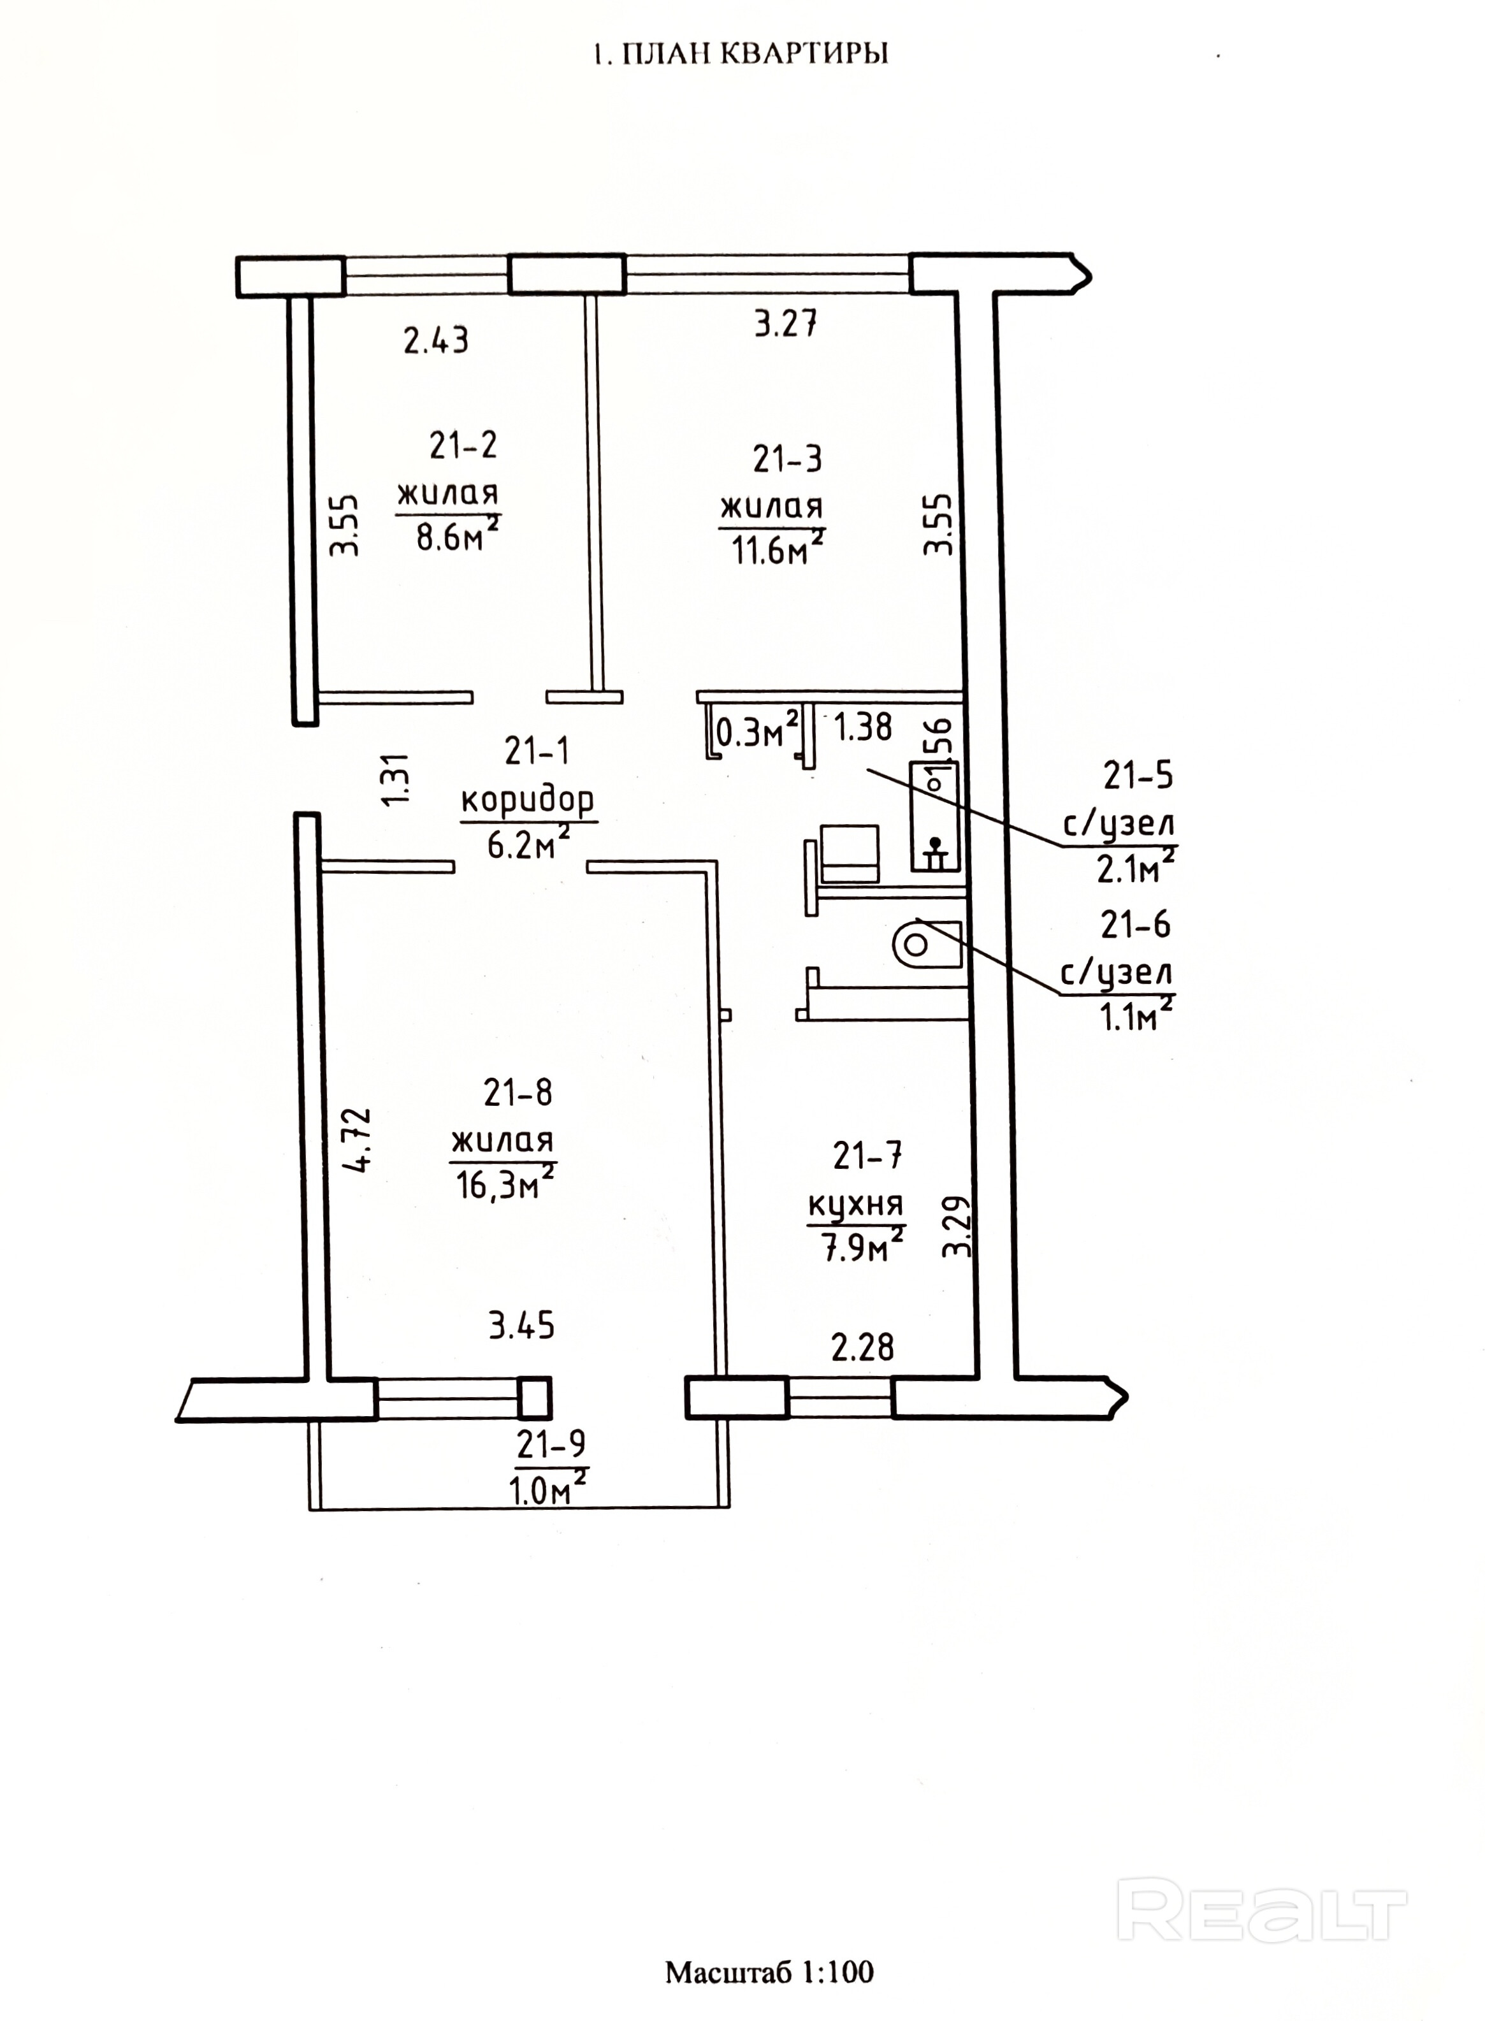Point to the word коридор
(528, 799)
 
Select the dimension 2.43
(436, 341)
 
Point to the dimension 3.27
(785, 324)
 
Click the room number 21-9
(551, 1444)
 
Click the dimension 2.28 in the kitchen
(863, 1347)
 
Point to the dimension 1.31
(397, 779)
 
